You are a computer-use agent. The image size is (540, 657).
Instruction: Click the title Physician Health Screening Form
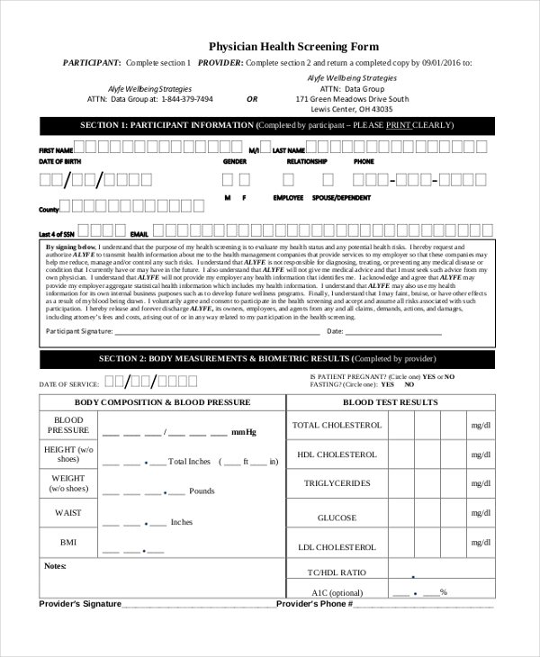pos(293,46)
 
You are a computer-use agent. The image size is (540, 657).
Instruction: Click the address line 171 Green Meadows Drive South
pos(352,99)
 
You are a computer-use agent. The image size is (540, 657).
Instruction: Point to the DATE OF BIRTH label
pos(59,161)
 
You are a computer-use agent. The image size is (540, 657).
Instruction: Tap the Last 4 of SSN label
pos(57,233)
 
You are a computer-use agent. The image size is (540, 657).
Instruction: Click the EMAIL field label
pos(139,233)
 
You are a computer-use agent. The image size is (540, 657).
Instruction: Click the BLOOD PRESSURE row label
pos(68,426)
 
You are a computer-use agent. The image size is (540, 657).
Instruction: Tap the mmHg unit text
pos(244,433)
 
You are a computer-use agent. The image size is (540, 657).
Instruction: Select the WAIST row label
pos(68,513)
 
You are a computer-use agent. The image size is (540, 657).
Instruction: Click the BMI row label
pos(68,543)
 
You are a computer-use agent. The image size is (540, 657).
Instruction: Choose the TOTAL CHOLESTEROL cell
pos(337,425)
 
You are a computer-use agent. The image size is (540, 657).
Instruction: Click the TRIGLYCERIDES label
pos(337,483)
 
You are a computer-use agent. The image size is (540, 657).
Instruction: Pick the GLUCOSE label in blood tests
pos(337,517)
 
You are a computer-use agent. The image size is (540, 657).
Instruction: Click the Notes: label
pos(56,566)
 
